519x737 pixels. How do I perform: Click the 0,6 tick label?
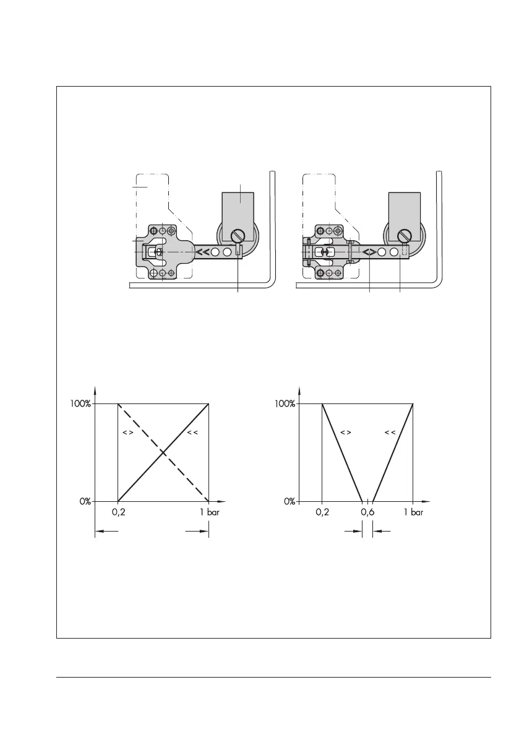point(367,512)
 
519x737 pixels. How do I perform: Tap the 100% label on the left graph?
point(79,403)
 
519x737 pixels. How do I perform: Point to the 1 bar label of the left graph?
point(209,512)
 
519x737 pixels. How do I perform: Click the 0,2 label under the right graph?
point(322,512)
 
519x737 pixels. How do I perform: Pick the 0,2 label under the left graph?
point(118,512)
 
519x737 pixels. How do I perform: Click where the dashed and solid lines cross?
point(163,452)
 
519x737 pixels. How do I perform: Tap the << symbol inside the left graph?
point(191,432)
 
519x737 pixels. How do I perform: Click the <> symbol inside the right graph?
point(345,432)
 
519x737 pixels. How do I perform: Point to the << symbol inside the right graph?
point(390,432)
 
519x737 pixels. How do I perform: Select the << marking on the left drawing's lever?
point(202,252)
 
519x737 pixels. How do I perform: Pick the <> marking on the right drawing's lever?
point(369,252)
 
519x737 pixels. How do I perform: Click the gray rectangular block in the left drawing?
point(238,207)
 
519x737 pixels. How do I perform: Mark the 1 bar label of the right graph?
point(413,512)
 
